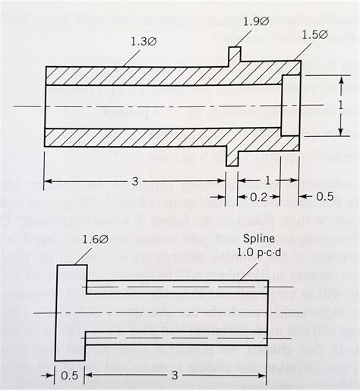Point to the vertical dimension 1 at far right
pos(339,104)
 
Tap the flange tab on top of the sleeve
pos(234,56)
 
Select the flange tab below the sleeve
pos(234,157)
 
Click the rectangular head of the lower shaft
pos(71,312)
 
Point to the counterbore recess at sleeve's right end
pos(289,106)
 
